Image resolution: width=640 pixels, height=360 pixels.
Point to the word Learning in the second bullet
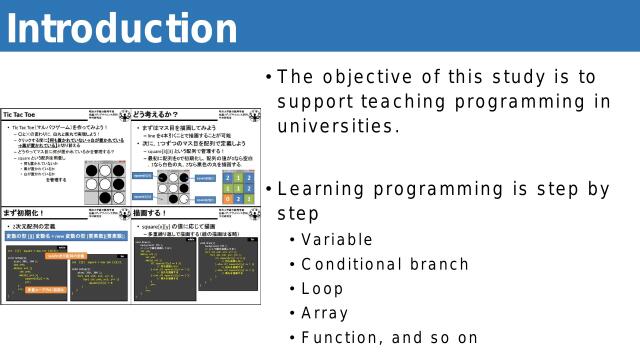(321, 189)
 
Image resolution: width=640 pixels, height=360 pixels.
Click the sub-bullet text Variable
(336, 240)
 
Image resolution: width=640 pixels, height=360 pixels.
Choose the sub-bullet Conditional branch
(384, 264)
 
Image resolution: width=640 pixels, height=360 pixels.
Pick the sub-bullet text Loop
(322, 289)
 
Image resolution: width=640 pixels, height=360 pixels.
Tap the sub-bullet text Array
(325, 313)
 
